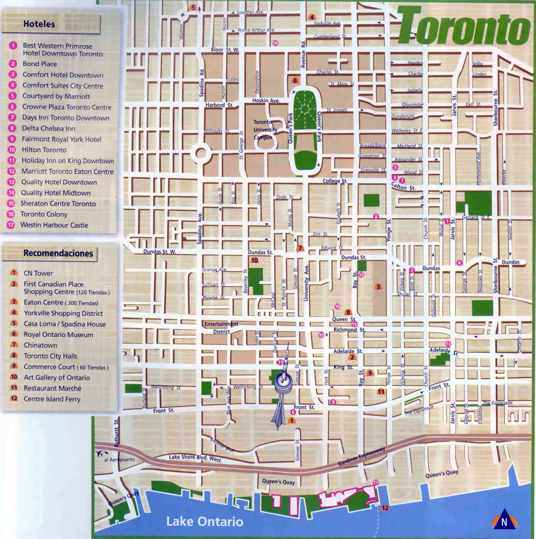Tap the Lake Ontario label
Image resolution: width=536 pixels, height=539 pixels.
205,522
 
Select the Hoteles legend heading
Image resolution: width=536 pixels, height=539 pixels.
39,24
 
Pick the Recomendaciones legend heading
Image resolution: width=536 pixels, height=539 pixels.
58,253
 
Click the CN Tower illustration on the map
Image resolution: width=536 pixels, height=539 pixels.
283,386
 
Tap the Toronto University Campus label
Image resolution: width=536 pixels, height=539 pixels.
265,130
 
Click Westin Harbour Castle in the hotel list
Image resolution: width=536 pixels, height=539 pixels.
54,225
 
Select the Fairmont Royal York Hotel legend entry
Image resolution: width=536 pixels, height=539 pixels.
61,139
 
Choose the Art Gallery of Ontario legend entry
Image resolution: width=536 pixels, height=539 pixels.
57,377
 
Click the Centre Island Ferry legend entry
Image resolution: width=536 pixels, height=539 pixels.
52,399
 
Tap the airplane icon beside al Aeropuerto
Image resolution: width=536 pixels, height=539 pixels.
100,453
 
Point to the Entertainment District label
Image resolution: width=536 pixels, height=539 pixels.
222,328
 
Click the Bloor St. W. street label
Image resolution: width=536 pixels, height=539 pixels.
225,49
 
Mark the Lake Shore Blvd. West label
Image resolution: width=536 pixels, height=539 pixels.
195,458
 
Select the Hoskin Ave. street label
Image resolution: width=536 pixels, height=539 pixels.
266,100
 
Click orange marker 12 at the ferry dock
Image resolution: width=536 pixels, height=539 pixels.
385,508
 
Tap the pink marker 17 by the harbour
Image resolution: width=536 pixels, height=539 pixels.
375,483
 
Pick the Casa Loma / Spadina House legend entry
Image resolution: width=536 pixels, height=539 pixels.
64,324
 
